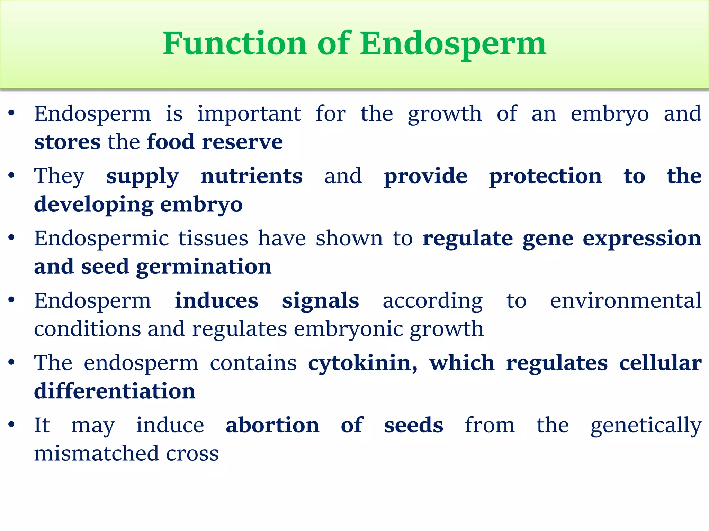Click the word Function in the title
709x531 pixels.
point(235,44)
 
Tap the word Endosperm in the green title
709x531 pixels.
point(453,44)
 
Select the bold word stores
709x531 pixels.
point(67,142)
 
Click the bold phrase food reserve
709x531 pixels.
point(215,142)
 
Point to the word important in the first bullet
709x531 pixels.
point(249,114)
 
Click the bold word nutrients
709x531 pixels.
point(251,176)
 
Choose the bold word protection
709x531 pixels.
point(545,176)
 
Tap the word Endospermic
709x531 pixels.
point(101,238)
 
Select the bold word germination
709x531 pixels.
point(204,267)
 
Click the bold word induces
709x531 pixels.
point(216,300)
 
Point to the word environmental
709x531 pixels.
point(626,300)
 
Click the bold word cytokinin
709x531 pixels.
point(362,363)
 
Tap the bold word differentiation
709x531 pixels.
point(115,391)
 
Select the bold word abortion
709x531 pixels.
point(272,425)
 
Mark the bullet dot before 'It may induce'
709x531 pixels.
point(11,425)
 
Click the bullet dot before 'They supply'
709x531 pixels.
point(11,176)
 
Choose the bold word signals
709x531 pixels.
point(320,300)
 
